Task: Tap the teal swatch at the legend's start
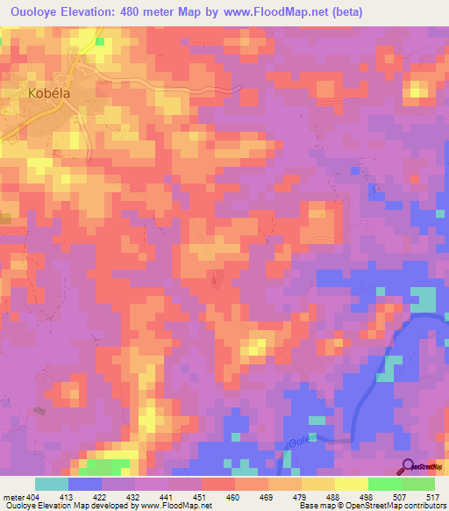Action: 52,484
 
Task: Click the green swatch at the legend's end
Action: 418,484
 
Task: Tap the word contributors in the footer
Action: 424,506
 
